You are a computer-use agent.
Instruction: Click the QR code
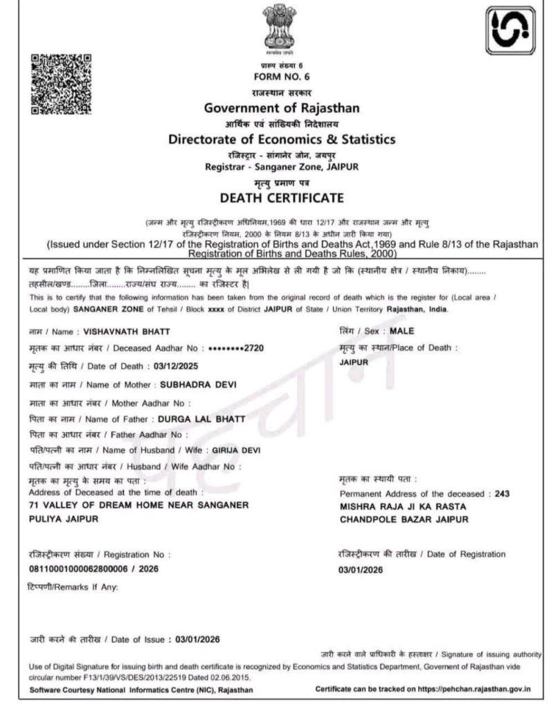[x=60, y=84]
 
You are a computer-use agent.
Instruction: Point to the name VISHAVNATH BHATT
[x=127, y=332]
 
